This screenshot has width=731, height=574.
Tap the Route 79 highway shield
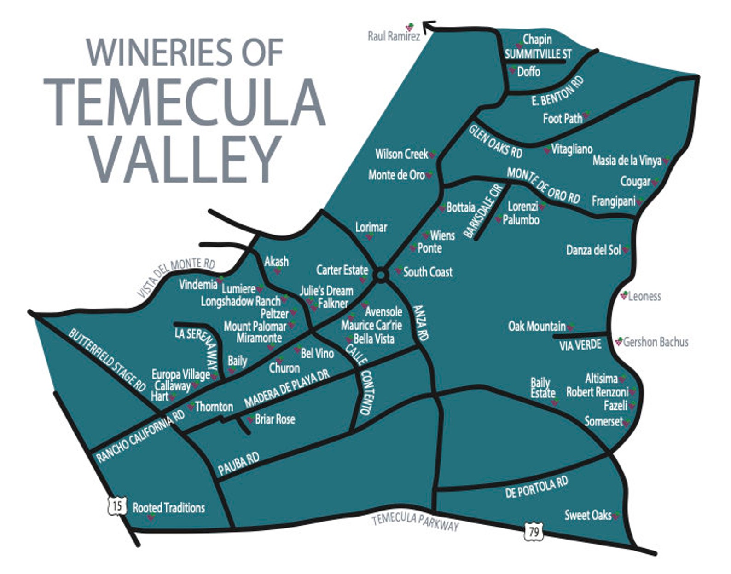(x=533, y=532)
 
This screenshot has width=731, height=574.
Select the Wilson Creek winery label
(x=401, y=154)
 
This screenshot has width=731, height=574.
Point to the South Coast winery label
(x=428, y=272)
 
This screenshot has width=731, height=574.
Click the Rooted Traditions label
(x=168, y=508)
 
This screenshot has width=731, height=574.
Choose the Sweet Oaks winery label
(x=588, y=515)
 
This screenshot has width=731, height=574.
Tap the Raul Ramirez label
(x=394, y=36)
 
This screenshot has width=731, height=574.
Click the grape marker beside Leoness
(x=624, y=295)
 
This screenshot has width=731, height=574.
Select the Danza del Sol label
(x=593, y=250)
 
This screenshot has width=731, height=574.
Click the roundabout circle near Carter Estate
(x=381, y=275)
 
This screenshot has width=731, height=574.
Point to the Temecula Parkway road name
(x=415, y=522)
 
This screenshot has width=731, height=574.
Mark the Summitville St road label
(x=538, y=54)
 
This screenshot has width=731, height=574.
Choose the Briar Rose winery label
(x=275, y=419)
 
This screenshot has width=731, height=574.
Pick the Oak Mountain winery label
(x=537, y=326)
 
